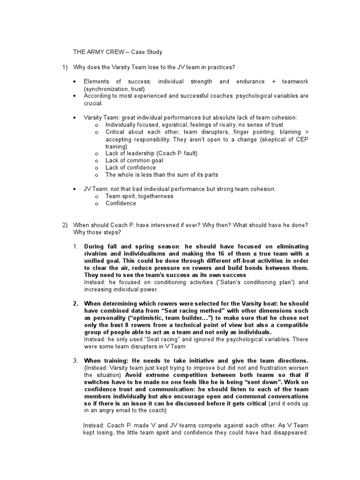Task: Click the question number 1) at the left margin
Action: pyautogui.click(x=66, y=67)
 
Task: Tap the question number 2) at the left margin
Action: pyautogui.click(x=66, y=225)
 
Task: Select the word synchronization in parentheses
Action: pyautogui.click(x=107, y=89)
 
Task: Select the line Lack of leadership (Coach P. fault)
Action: pyautogui.click(x=151, y=153)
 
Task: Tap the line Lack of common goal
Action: pyautogui.click(x=133, y=160)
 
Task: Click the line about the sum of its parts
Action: pyautogui.click(x=161, y=174)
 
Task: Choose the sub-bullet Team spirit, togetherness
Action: pyautogui.click(x=139, y=196)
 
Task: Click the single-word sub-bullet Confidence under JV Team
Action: pyautogui.click(x=120, y=203)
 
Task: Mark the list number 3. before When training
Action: pyautogui.click(x=75, y=360)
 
